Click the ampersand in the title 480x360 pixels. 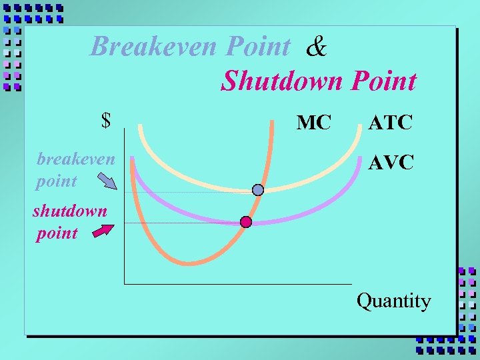(x=317, y=47)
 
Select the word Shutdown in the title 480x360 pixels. (x=281, y=81)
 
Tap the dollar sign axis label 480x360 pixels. (x=105, y=121)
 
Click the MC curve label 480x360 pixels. (x=313, y=123)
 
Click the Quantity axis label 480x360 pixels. (x=393, y=301)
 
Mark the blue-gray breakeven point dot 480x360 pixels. (x=258, y=190)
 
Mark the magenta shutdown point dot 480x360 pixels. (x=246, y=222)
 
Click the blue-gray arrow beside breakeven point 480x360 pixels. (x=106, y=181)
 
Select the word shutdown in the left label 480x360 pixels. (x=69, y=211)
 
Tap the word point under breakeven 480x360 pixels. (x=57, y=181)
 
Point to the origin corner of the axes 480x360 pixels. (x=125, y=283)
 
